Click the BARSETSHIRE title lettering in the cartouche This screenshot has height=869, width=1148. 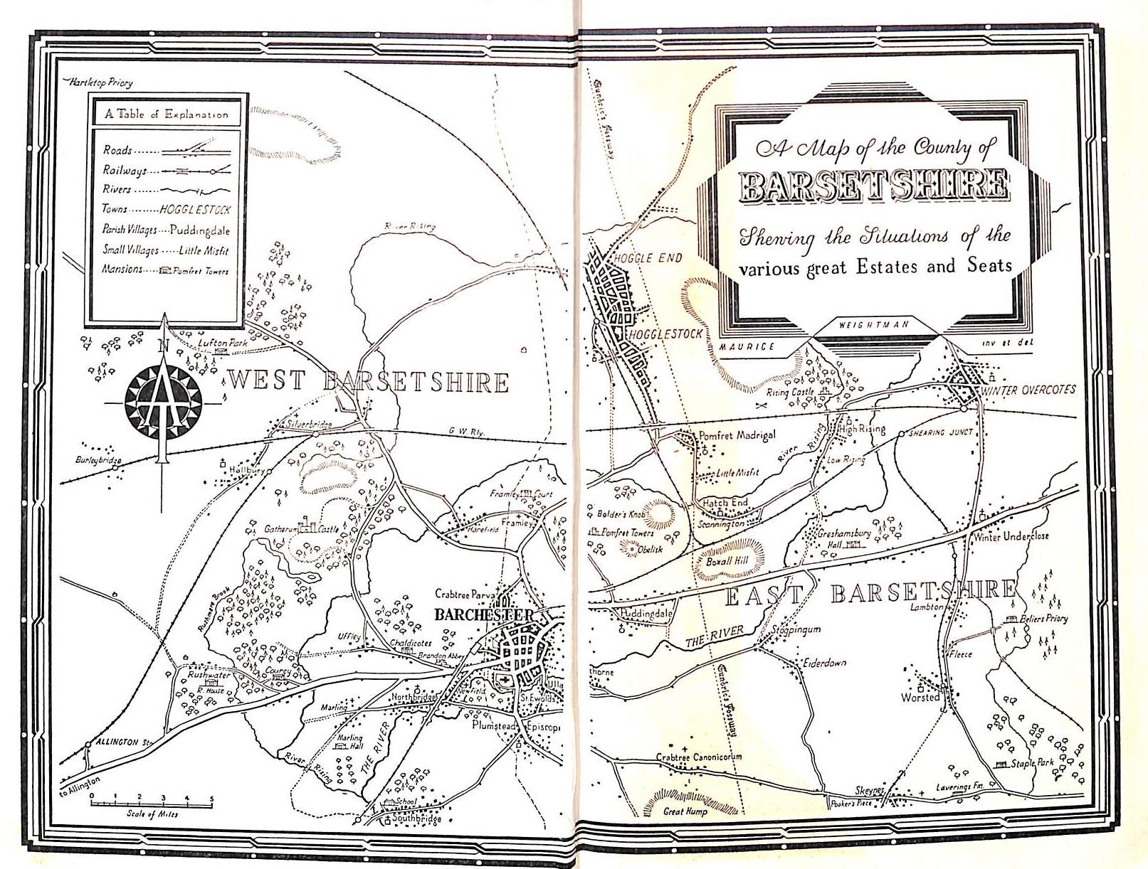point(875,186)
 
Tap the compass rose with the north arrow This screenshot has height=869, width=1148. point(164,406)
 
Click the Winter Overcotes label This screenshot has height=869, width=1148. point(1028,390)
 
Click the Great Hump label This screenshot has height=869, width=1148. point(685,811)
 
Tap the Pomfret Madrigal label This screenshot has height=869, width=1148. point(737,435)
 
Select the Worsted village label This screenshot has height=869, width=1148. point(920,698)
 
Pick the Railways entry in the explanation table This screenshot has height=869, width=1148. point(125,171)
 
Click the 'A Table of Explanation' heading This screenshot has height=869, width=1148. point(167,114)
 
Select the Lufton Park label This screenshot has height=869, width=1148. point(221,343)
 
